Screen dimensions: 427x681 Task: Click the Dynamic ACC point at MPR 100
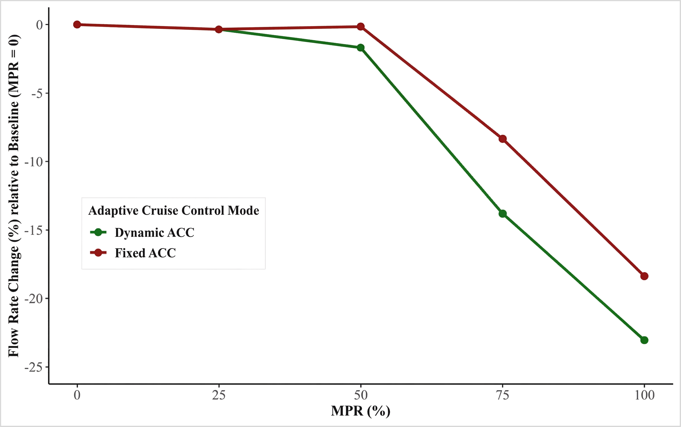644,340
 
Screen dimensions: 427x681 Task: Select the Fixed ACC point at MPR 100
644,276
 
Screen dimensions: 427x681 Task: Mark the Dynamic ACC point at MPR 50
360,47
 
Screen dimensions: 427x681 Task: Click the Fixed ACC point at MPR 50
360,27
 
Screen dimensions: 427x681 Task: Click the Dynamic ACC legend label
154,232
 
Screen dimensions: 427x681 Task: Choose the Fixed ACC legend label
145,253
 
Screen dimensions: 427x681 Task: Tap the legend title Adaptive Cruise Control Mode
173,210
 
